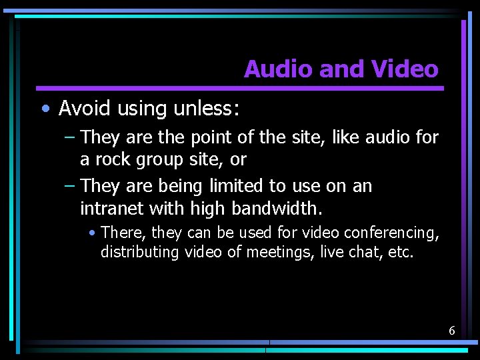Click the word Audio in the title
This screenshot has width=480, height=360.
(275, 69)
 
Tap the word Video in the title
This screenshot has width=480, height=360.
(405, 69)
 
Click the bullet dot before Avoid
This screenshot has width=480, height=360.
(44, 108)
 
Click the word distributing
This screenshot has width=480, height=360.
(140, 252)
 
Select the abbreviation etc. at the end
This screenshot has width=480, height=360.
(401, 252)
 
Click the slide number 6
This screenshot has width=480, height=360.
(451, 330)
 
